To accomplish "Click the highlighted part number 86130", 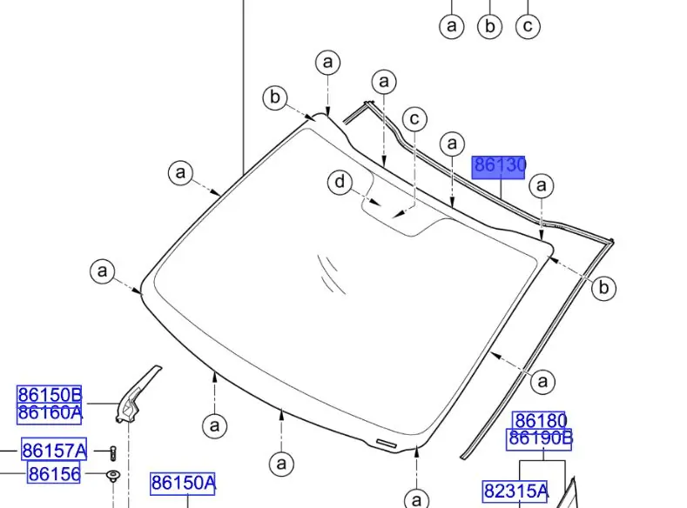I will click(x=499, y=166).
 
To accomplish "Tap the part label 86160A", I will click(x=50, y=412).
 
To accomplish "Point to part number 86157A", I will click(x=54, y=451).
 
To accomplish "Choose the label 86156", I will click(x=54, y=474).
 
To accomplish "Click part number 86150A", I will click(x=182, y=483).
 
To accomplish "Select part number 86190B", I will click(x=539, y=438).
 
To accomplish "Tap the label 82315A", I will click(x=515, y=491).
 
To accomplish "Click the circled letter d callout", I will click(x=340, y=183).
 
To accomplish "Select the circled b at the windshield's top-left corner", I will click(x=275, y=97).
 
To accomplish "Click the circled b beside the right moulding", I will click(x=603, y=288).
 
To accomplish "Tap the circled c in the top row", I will click(x=528, y=26).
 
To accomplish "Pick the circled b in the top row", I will click(x=489, y=26).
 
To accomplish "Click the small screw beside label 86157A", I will click(x=112, y=451).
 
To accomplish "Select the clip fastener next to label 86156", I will click(x=112, y=476).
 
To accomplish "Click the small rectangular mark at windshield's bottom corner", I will click(x=387, y=444).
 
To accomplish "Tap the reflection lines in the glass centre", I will click(x=331, y=271).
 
